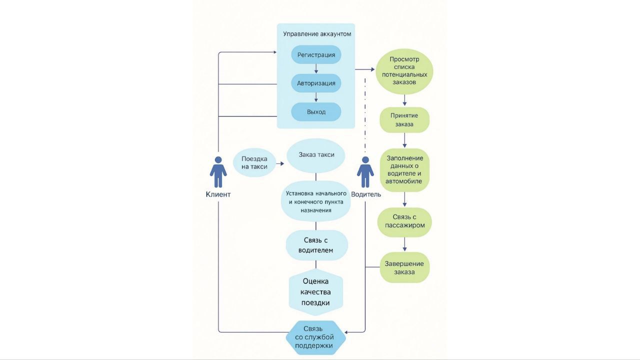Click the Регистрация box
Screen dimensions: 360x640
pyautogui.click(x=316, y=54)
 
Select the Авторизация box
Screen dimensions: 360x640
pyautogui.click(x=316, y=83)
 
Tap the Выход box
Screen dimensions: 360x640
pyautogui.click(x=316, y=112)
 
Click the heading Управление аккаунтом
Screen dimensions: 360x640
pyautogui.click(x=317, y=34)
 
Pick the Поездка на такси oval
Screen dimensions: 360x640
pyautogui.click(x=254, y=162)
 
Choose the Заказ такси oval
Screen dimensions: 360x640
pyautogui.click(x=316, y=155)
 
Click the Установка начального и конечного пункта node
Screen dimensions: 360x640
pyautogui.click(x=316, y=202)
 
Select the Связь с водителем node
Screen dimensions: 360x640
pyautogui.click(x=316, y=245)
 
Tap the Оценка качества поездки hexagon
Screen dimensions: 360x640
pyautogui.click(x=316, y=292)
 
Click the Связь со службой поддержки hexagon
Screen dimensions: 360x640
pyautogui.click(x=316, y=337)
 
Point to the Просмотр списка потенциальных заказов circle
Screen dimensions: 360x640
pyautogui.click(x=404, y=70)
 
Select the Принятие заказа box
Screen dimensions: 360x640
pyautogui.click(x=404, y=119)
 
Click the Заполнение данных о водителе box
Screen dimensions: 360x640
pyautogui.click(x=404, y=169)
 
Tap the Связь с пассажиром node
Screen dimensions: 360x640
pyautogui.click(x=404, y=221)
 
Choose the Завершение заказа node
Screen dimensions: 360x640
pyautogui.click(x=404, y=267)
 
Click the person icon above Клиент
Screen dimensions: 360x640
pyautogui.click(x=218, y=172)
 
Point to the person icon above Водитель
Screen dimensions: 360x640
pyautogui.click(x=365, y=172)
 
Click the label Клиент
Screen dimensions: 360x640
pyautogui.click(x=218, y=194)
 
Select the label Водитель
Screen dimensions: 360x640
pyautogui.click(x=366, y=194)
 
